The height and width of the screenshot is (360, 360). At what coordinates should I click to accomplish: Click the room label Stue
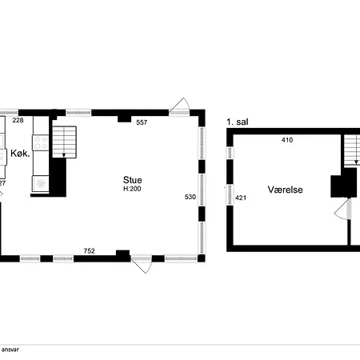click(133, 180)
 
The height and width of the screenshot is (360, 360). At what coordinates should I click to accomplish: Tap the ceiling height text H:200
click(133, 190)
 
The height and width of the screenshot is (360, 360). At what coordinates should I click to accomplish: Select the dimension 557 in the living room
click(142, 122)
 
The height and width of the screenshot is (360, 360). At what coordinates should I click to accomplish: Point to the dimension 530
click(190, 196)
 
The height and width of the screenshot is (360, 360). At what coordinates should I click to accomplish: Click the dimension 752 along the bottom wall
click(90, 250)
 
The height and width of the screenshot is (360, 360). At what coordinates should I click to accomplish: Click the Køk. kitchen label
click(20, 154)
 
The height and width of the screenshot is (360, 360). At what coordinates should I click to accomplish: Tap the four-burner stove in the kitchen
click(40, 145)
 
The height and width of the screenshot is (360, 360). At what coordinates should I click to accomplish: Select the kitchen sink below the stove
click(39, 183)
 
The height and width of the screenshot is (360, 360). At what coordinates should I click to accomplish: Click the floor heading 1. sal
click(236, 122)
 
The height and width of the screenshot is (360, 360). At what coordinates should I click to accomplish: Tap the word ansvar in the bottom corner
click(10, 350)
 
